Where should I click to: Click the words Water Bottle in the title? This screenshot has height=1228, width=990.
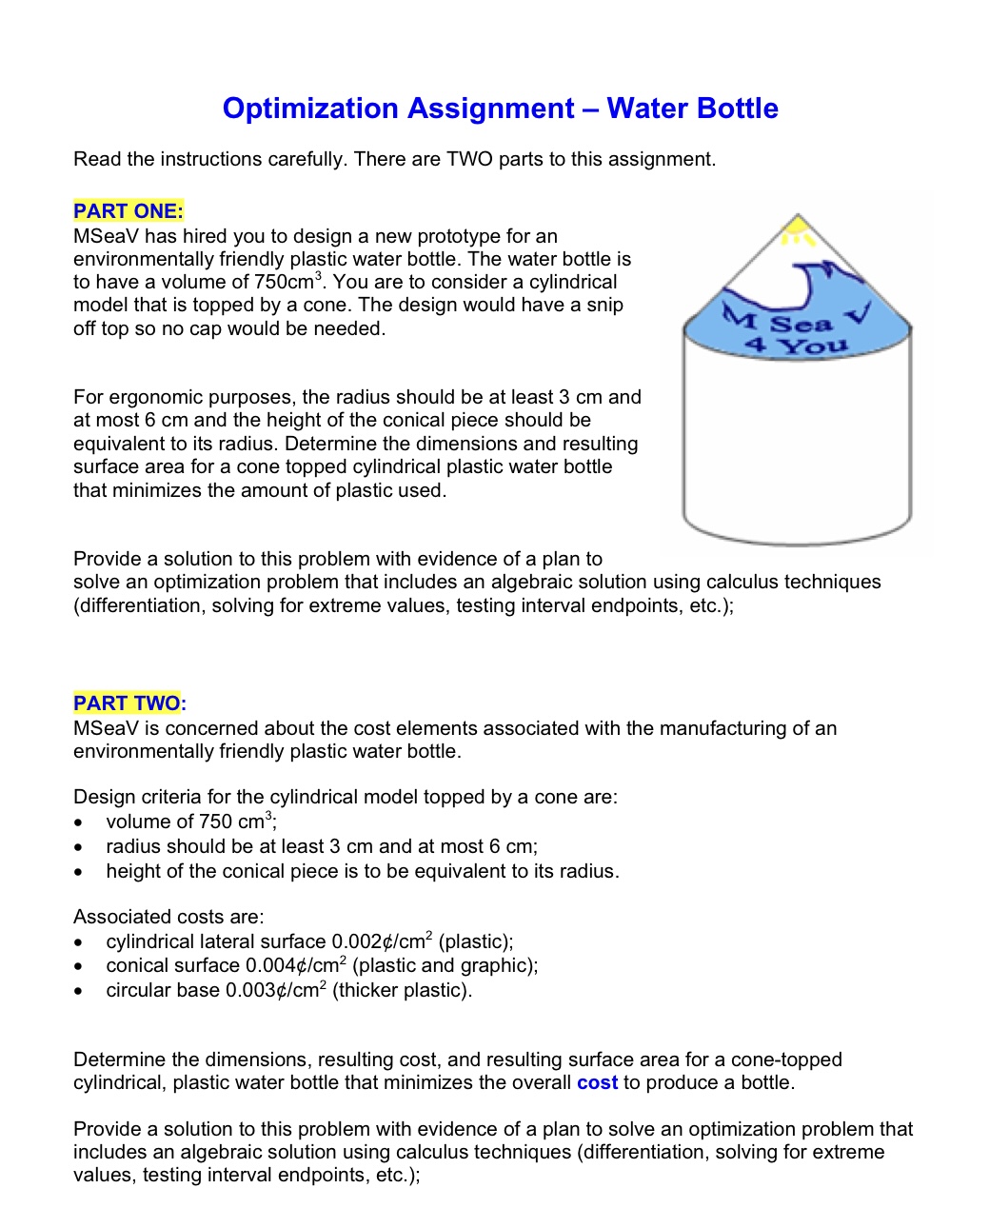(692, 109)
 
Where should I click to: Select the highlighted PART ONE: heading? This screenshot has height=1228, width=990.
(129, 211)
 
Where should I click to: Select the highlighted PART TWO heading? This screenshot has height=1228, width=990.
(128, 703)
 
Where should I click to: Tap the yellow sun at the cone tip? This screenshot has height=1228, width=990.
(797, 228)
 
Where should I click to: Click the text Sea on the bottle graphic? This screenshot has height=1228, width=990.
(801, 325)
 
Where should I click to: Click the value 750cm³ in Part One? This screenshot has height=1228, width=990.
(289, 283)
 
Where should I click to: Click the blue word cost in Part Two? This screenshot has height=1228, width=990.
(597, 1083)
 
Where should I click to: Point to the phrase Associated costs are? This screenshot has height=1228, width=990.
(168, 917)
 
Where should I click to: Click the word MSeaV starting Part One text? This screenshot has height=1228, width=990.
(105, 236)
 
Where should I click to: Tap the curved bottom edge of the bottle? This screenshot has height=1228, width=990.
(797, 542)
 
